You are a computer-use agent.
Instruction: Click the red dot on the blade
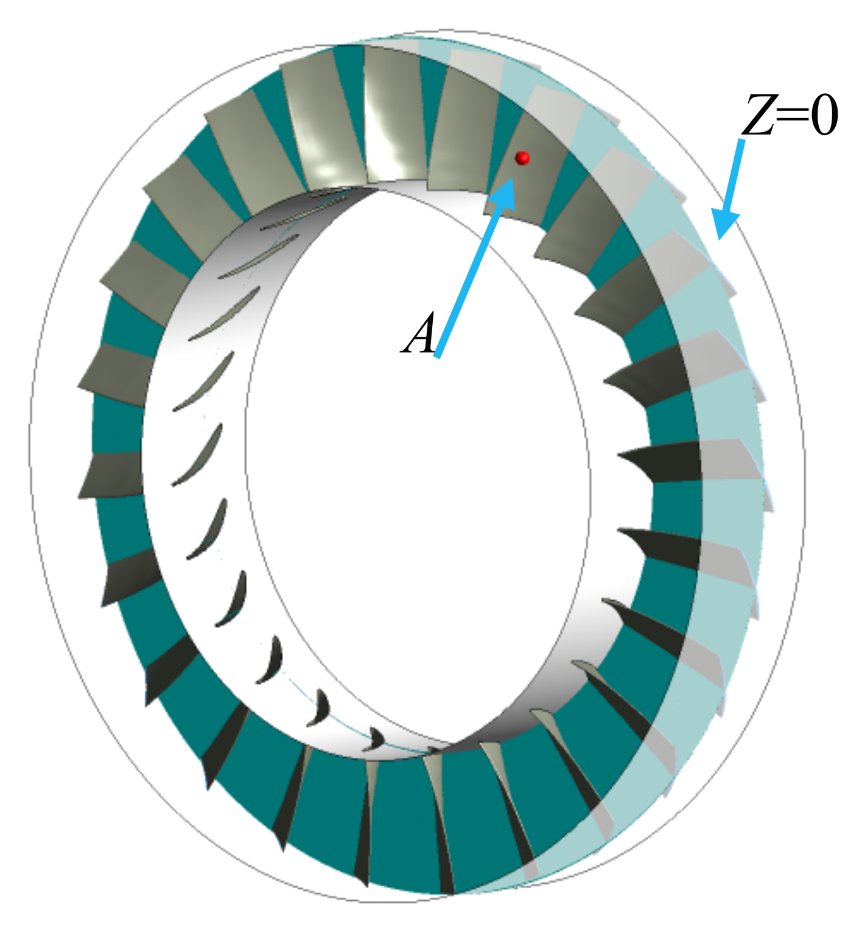(522, 158)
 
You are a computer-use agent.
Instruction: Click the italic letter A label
(419, 334)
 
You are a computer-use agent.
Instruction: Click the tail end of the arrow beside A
(438, 354)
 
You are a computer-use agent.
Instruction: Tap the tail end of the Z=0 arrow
(742, 141)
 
